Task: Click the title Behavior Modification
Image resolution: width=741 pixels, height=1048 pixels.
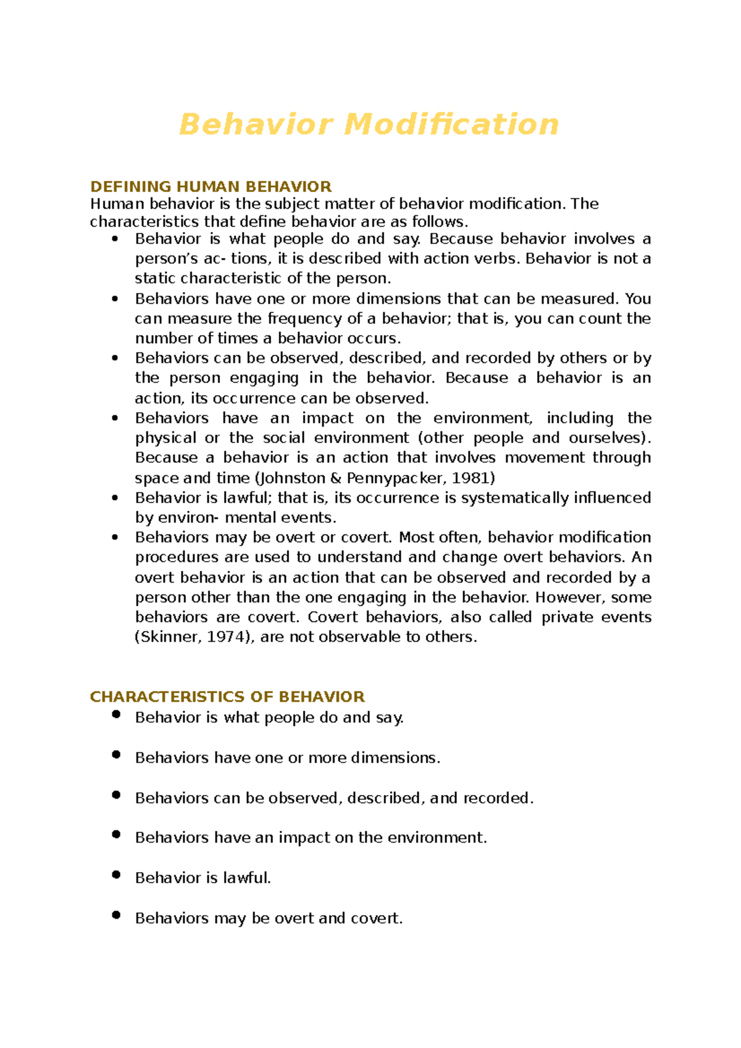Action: [x=369, y=124]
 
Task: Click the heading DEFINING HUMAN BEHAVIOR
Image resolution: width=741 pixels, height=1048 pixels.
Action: [x=211, y=186]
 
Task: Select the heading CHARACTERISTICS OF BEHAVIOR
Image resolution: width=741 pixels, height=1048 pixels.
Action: [x=227, y=697]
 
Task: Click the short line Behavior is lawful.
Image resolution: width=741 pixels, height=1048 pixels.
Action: [x=203, y=878]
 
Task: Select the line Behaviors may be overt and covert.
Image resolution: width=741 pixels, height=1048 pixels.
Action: [x=269, y=918]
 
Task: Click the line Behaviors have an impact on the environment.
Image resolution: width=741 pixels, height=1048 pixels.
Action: [x=311, y=838]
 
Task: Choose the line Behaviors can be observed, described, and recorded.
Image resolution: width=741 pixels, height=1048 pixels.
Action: [x=333, y=798]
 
